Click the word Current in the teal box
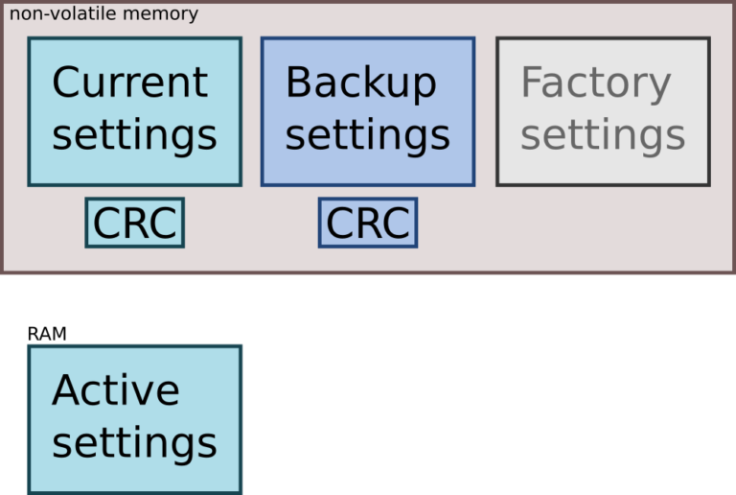click(x=130, y=82)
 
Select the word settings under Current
click(x=134, y=136)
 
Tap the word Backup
click(x=361, y=83)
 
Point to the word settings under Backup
click(x=368, y=136)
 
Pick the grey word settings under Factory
click(x=603, y=136)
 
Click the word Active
click(x=115, y=389)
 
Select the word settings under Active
click(x=134, y=444)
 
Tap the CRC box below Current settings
click(x=135, y=223)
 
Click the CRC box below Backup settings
click(x=368, y=223)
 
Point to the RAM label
click(x=47, y=334)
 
